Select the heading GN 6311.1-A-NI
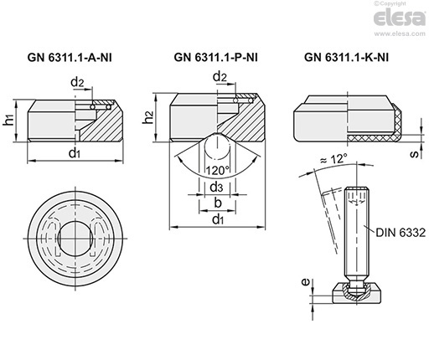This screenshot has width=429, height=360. [x=70, y=58]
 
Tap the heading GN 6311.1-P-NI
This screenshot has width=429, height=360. [x=216, y=58]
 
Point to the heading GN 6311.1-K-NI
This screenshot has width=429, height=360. [x=346, y=58]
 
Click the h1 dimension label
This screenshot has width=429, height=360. [x=9, y=121]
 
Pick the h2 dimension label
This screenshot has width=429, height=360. [x=148, y=117]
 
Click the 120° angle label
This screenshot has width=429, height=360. [x=217, y=170]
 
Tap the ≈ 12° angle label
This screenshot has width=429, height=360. [x=333, y=159]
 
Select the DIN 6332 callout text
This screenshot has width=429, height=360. [x=401, y=233]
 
